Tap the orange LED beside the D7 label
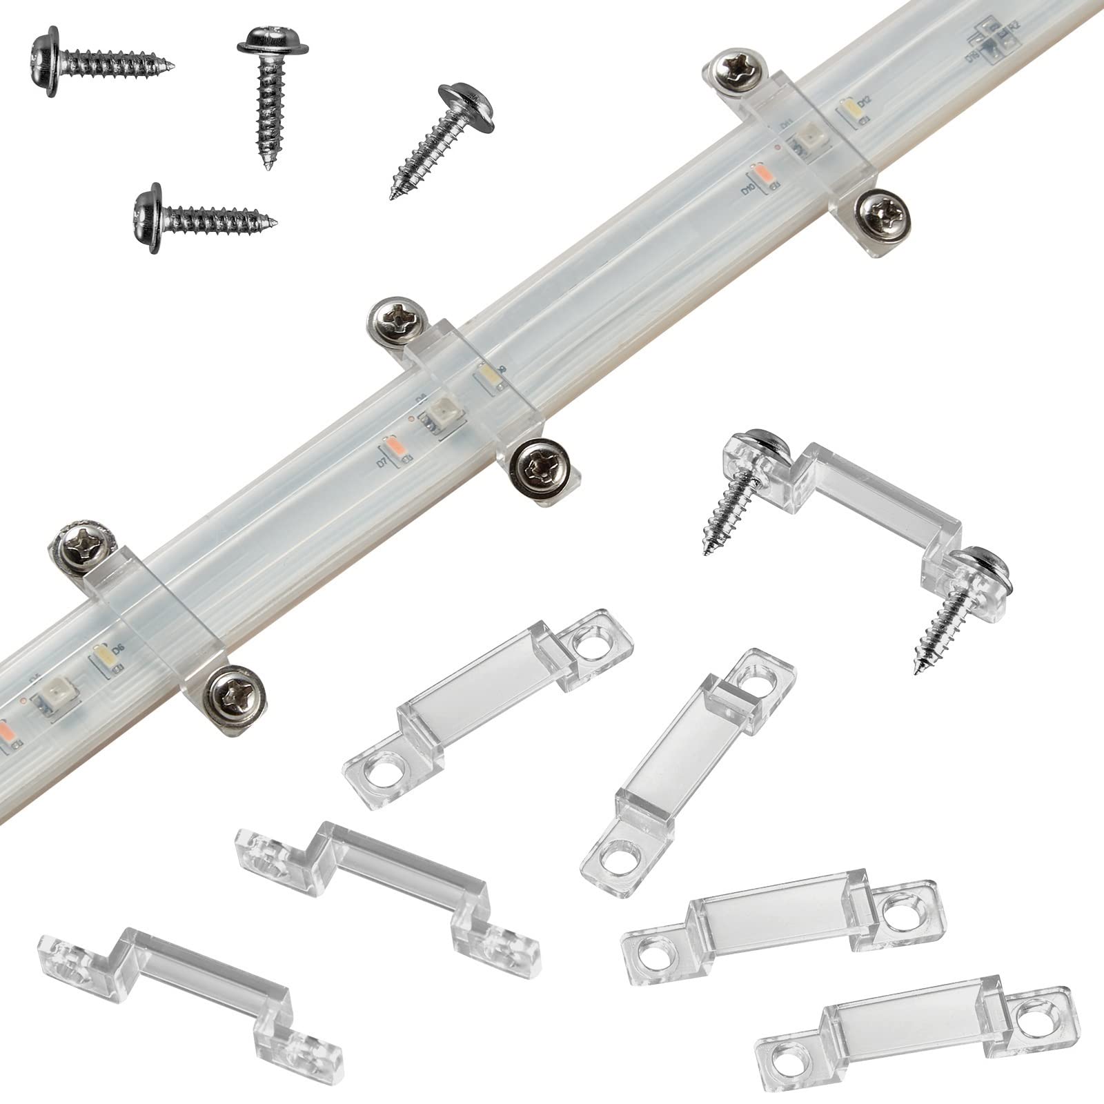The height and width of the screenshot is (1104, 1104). [x=393, y=446]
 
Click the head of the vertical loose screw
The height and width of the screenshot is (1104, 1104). [x=273, y=47]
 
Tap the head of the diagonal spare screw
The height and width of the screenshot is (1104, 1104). [x=471, y=108]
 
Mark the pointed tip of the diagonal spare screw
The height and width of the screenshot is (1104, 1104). [x=393, y=197]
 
